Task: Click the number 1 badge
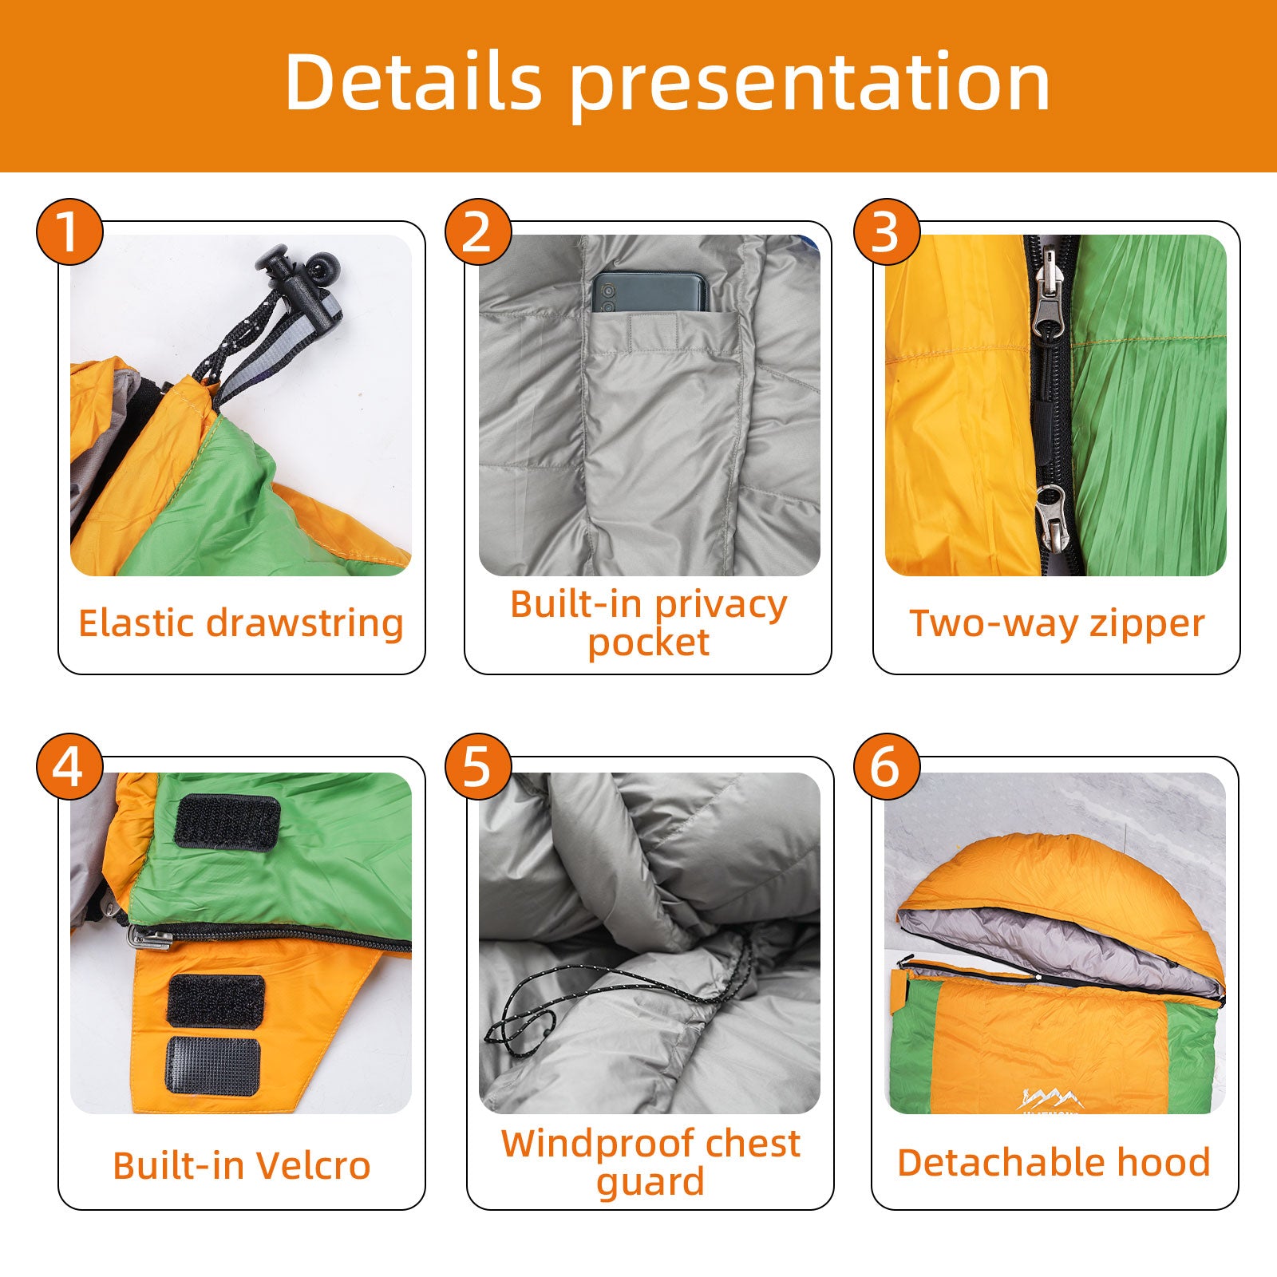click(69, 232)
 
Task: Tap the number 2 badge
click(478, 232)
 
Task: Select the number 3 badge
click(887, 232)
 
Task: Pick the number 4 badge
click(69, 767)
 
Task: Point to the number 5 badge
click(478, 767)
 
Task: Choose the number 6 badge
click(887, 767)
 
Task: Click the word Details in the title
click(413, 81)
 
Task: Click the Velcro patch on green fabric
click(227, 821)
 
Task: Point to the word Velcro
click(314, 1166)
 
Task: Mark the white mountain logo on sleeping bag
click(1050, 1099)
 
